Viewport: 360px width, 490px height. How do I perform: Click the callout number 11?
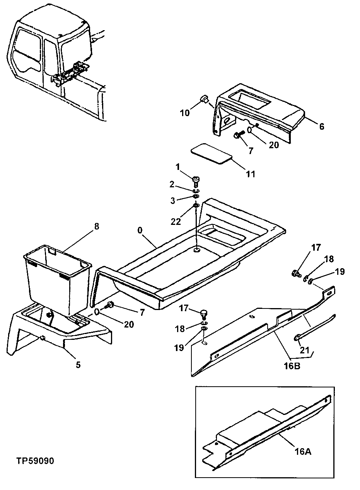pyautogui.click(x=251, y=174)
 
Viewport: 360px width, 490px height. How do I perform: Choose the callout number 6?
pyautogui.click(x=322, y=126)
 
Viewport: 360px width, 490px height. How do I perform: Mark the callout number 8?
pyautogui.click(x=96, y=226)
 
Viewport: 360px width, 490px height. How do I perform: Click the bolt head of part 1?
pyautogui.click(x=196, y=179)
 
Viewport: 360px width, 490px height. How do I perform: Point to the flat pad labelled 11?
pyautogui.click(x=211, y=154)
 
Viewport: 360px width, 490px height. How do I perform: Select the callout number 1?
pyautogui.click(x=178, y=167)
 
